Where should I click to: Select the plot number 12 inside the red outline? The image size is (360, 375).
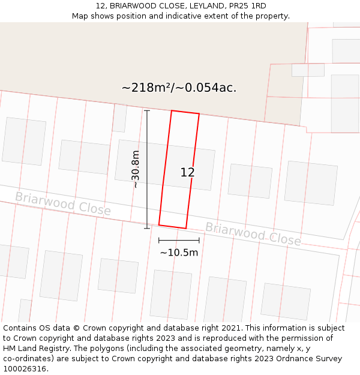(x=187, y=173)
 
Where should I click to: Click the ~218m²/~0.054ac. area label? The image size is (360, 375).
(x=179, y=88)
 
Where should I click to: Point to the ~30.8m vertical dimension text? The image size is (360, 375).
(x=136, y=169)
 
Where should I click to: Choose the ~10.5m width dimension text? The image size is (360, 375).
(x=179, y=253)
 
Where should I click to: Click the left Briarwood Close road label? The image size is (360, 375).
(x=63, y=204)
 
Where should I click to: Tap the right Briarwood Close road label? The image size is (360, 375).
(x=253, y=233)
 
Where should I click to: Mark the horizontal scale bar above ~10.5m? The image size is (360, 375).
(x=179, y=240)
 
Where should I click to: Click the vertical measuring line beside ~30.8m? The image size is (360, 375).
(x=147, y=169)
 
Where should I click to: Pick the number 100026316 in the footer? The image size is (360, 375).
(x=26, y=369)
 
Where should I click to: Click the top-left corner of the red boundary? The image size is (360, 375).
(x=172, y=111)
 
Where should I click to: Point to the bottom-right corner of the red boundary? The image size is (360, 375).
(x=186, y=229)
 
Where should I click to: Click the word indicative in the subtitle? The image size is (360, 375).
(x=178, y=16)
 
